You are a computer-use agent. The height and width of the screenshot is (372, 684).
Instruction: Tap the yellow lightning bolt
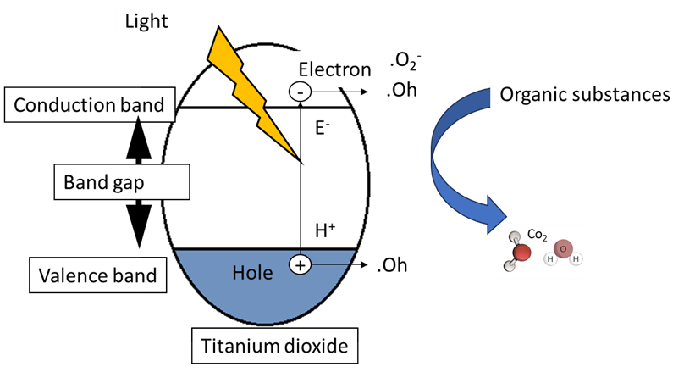pyautogui.click(x=254, y=93)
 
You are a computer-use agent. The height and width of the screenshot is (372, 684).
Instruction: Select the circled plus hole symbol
pyautogui.click(x=301, y=265)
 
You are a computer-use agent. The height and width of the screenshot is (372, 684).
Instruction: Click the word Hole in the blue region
pyautogui.click(x=252, y=272)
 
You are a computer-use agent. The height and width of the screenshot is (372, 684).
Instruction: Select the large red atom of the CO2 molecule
pyautogui.click(x=522, y=253)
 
